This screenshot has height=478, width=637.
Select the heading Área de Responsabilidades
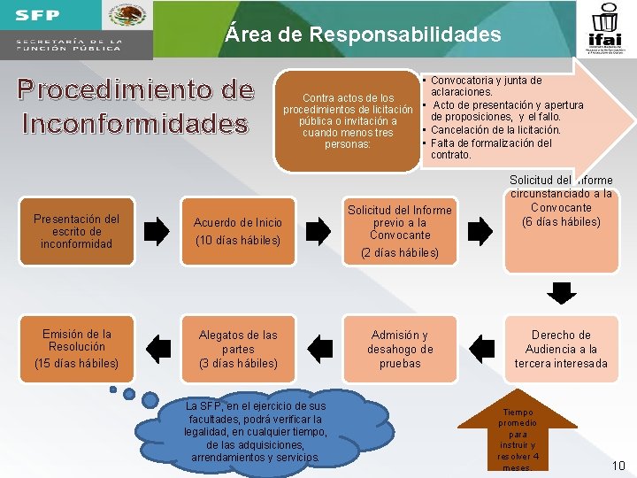pyautogui.click(x=363, y=35)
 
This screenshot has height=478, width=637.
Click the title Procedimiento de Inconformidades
pyautogui.click(x=137, y=107)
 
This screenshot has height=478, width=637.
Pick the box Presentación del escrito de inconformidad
pyautogui.click(x=76, y=231)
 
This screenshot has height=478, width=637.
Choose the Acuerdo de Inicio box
pyautogui.click(x=238, y=231)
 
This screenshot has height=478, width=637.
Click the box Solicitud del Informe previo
pyautogui.click(x=399, y=231)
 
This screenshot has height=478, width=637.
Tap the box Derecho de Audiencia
pyautogui.click(x=560, y=349)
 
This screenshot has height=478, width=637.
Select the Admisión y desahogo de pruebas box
pyautogui.click(x=399, y=349)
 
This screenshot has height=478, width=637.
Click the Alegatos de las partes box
pyautogui.click(x=238, y=349)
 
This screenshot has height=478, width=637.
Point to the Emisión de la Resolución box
pyautogui.click(x=76, y=349)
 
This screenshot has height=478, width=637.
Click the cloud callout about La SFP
pyautogui.click(x=257, y=431)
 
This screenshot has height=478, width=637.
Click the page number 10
pyautogui.click(x=618, y=465)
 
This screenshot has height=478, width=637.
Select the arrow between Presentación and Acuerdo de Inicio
pyautogui.click(x=156, y=232)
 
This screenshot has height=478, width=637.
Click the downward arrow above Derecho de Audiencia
pyautogui.click(x=560, y=292)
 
